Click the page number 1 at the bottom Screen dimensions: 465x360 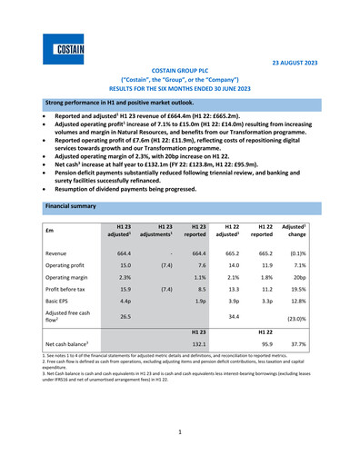tap(179, 433)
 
